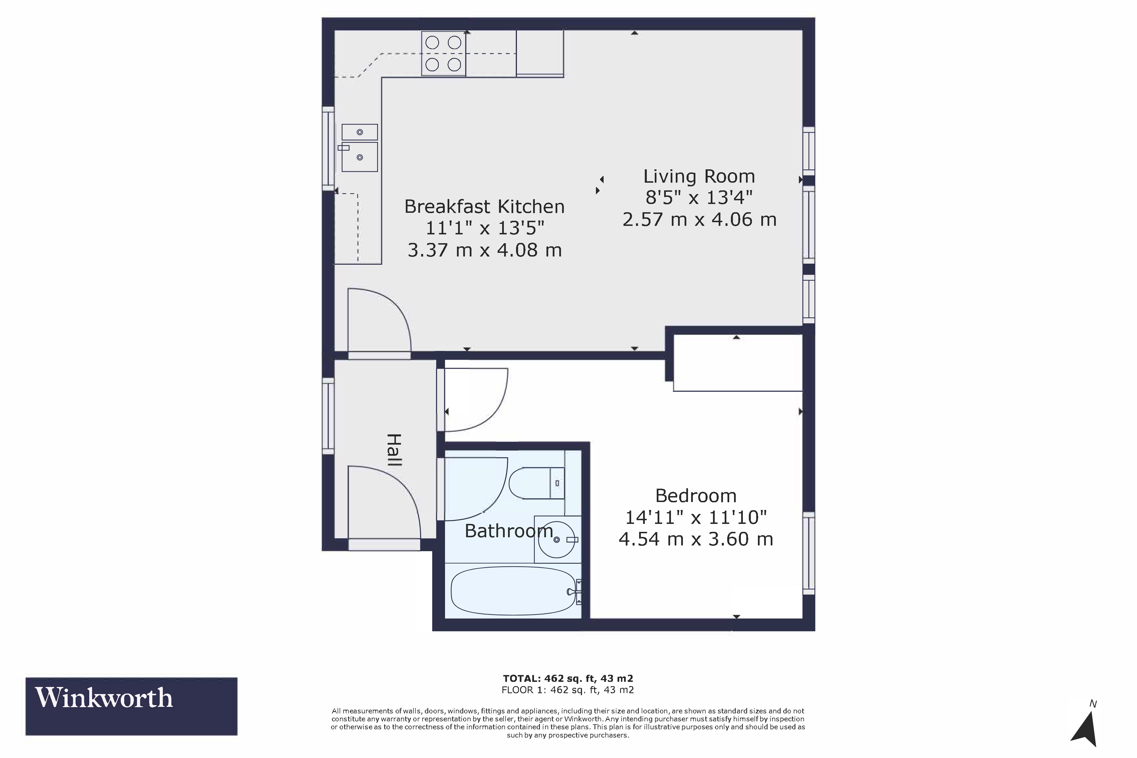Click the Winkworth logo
coord(132,706)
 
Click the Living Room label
coord(699,176)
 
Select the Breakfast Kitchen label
coord(485,207)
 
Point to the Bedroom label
coord(696,496)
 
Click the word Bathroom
coord(509,531)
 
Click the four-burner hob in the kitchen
coord(443,54)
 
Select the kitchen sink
coord(360,148)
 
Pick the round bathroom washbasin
coord(557,540)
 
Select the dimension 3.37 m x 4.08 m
coord(485,250)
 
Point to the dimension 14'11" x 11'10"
coord(696,518)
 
